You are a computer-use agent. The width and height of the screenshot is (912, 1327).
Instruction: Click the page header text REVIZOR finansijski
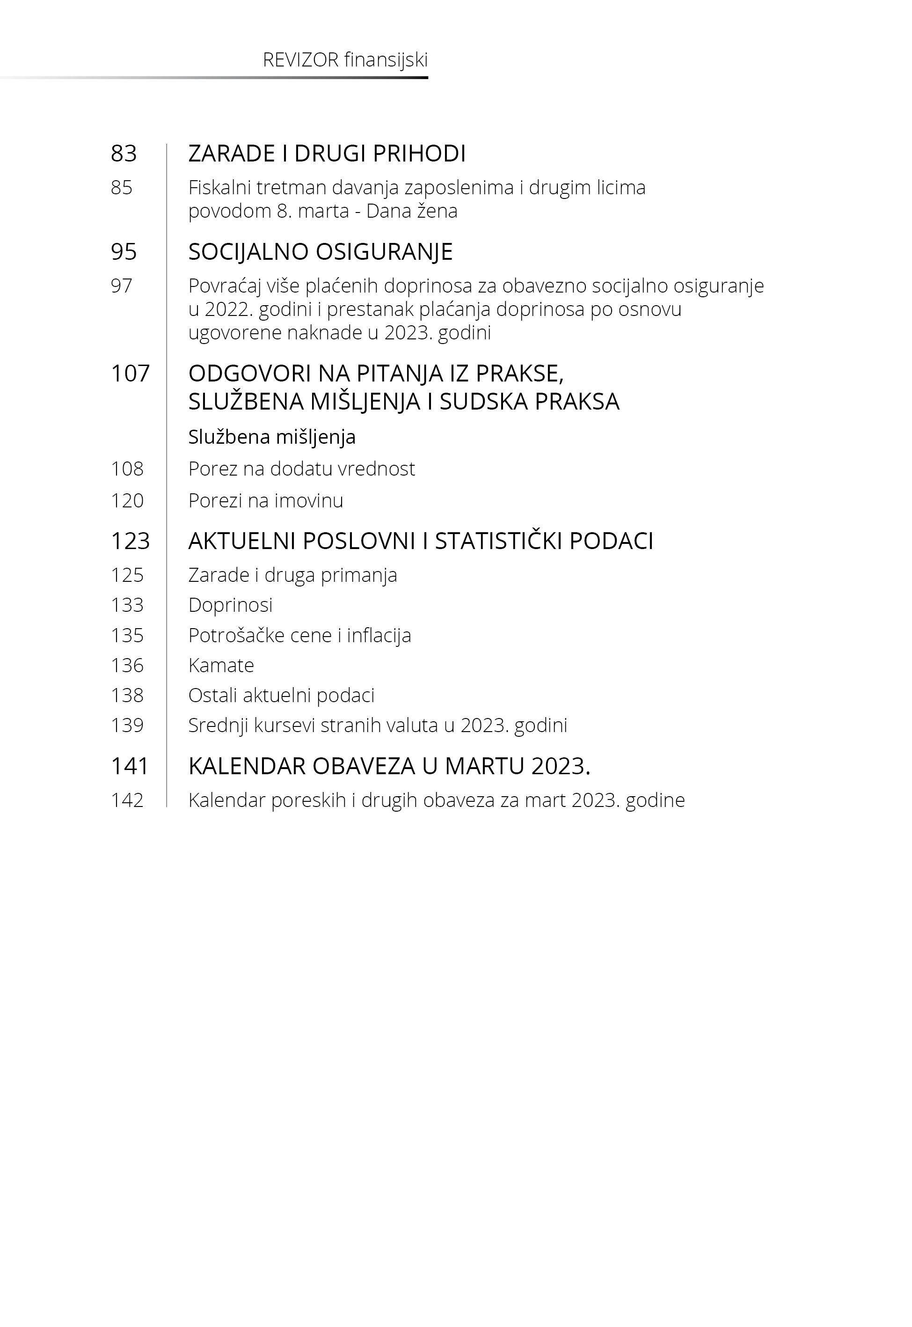click(345, 60)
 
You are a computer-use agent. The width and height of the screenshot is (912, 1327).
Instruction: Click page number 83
click(124, 154)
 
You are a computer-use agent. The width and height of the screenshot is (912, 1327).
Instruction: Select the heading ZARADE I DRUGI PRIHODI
click(327, 154)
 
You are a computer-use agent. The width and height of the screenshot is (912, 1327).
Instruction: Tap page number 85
click(122, 187)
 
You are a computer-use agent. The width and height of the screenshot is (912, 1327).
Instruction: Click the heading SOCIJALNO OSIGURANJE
click(321, 252)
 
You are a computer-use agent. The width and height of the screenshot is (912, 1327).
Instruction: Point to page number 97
click(122, 286)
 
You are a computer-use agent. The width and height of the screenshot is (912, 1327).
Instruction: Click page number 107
click(130, 374)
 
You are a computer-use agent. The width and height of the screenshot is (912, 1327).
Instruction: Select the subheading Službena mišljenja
click(272, 437)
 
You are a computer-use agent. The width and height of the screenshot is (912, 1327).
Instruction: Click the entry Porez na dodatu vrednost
click(302, 469)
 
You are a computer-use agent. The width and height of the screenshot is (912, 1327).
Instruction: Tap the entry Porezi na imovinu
click(266, 501)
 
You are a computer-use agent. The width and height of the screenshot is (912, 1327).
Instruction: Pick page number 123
click(130, 541)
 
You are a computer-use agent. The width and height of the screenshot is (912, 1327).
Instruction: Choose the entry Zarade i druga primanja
click(292, 575)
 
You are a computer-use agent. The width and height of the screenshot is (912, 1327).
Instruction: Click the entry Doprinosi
click(230, 605)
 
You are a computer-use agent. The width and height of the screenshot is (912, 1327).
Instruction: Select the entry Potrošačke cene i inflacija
click(299, 636)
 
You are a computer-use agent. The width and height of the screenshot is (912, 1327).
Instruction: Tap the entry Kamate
click(221, 666)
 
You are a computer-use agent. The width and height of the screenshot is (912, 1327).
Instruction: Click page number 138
click(127, 696)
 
